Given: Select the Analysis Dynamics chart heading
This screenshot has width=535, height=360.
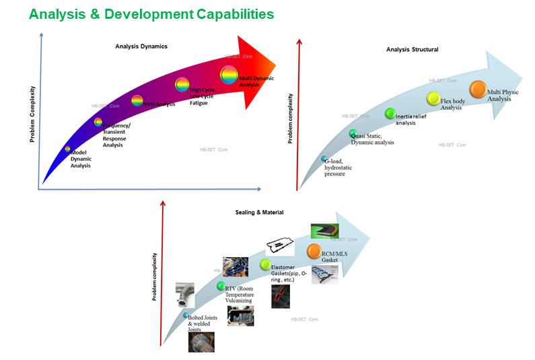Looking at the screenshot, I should [141, 46].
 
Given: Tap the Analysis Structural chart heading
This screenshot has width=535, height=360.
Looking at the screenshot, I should [412, 49].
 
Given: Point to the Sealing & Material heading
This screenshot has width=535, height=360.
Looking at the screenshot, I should [259, 213].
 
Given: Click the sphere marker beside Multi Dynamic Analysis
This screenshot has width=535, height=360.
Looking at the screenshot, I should [229, 75].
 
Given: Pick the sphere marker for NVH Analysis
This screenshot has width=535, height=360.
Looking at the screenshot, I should [137, 101].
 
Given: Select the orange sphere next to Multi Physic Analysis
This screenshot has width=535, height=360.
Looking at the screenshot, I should [478, 89].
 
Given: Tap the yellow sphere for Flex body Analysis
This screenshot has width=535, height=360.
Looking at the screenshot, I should [434, 99].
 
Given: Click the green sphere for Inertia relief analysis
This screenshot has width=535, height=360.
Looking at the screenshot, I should [390, 114].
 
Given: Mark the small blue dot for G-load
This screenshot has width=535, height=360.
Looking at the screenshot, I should [324, 159].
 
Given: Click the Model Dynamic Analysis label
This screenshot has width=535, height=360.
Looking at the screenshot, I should [81, 159].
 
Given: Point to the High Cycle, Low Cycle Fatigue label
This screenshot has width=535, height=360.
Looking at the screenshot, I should [204, 95].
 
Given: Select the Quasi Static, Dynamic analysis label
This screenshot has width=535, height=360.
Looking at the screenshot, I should [371, 139].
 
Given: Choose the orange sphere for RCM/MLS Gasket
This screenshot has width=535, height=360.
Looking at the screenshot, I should [313, 251].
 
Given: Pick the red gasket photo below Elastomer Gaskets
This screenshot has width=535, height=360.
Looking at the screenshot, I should [280, 296].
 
